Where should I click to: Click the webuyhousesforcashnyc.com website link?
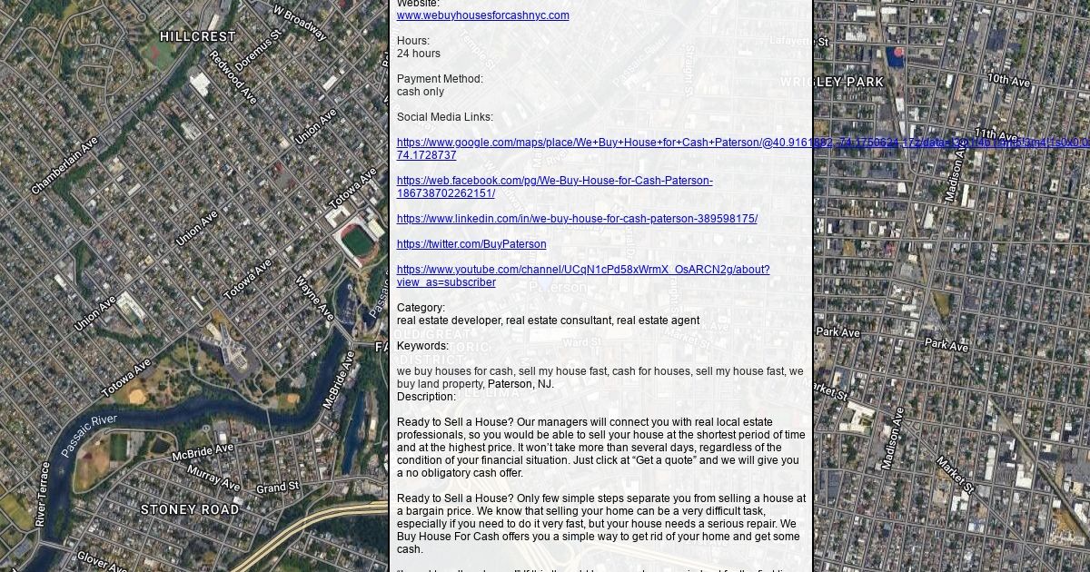482,15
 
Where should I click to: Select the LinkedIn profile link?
577,219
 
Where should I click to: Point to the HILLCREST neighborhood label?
197,37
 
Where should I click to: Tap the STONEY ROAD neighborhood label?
190,509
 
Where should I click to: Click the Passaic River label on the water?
89,436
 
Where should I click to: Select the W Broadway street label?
300,24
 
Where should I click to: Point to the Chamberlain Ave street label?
64,166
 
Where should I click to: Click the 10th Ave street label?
1008,81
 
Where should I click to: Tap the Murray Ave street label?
213,478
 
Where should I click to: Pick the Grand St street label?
277,488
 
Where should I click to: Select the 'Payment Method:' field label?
440,79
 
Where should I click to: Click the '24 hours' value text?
418,54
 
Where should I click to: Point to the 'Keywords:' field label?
422,346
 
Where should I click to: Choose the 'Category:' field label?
421,308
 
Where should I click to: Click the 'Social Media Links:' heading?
444,117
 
